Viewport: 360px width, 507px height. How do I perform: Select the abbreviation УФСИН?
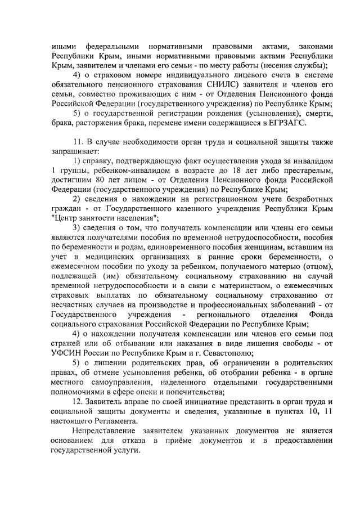coord(67,353)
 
